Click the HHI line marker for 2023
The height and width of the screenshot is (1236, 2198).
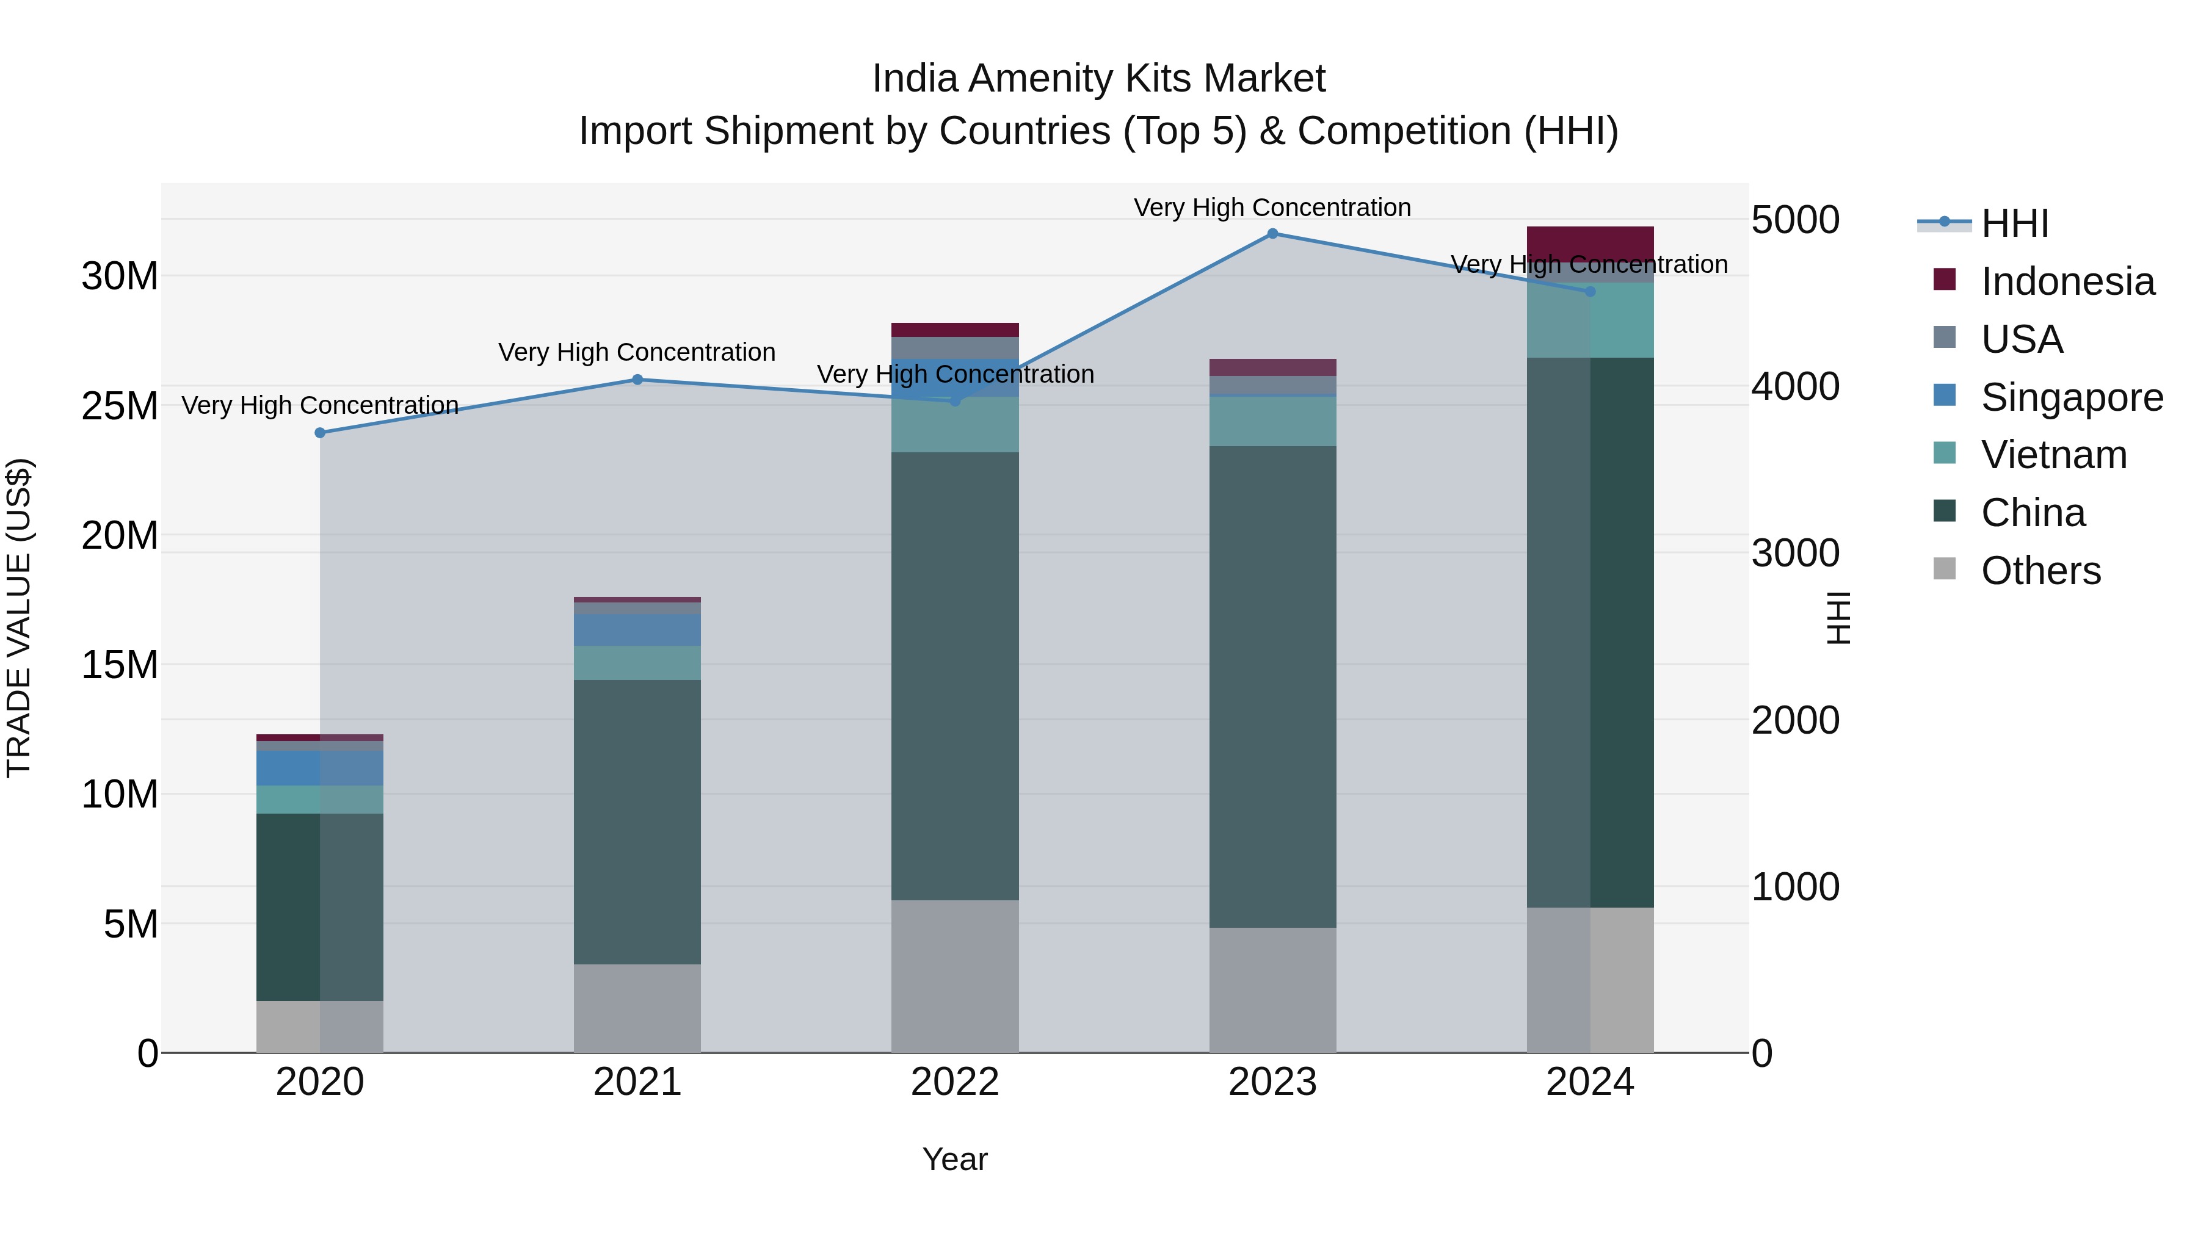click(1272, 234)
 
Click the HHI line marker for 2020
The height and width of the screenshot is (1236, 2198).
click(320, 433)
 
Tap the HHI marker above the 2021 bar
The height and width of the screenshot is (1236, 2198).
click(637, 380)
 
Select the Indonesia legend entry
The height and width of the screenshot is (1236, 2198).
click(2067, 281)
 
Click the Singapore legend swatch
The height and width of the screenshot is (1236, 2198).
click(1945, 396)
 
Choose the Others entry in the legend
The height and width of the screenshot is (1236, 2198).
click(2040, 571)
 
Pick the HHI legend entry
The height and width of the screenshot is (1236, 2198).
click(2014, 223)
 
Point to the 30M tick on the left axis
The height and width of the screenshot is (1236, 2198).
click(120, 276)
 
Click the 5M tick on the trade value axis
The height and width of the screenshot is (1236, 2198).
click(131, 924)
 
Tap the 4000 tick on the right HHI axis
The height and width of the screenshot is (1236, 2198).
click(1795, 386)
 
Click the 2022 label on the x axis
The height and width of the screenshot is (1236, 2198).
click(955, 1082)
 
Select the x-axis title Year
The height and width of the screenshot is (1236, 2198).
click(955, 1159)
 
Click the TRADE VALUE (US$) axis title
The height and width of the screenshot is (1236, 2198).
click(19, 618)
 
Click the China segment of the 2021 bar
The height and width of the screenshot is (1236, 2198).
click(637, 822)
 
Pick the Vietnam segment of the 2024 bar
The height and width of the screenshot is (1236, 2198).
click(1590, 320)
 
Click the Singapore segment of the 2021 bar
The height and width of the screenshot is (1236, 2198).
click(637, 629)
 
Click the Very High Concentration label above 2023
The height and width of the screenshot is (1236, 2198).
click(1272, 208)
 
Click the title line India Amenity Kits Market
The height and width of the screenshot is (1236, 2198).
click(1098, 79)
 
